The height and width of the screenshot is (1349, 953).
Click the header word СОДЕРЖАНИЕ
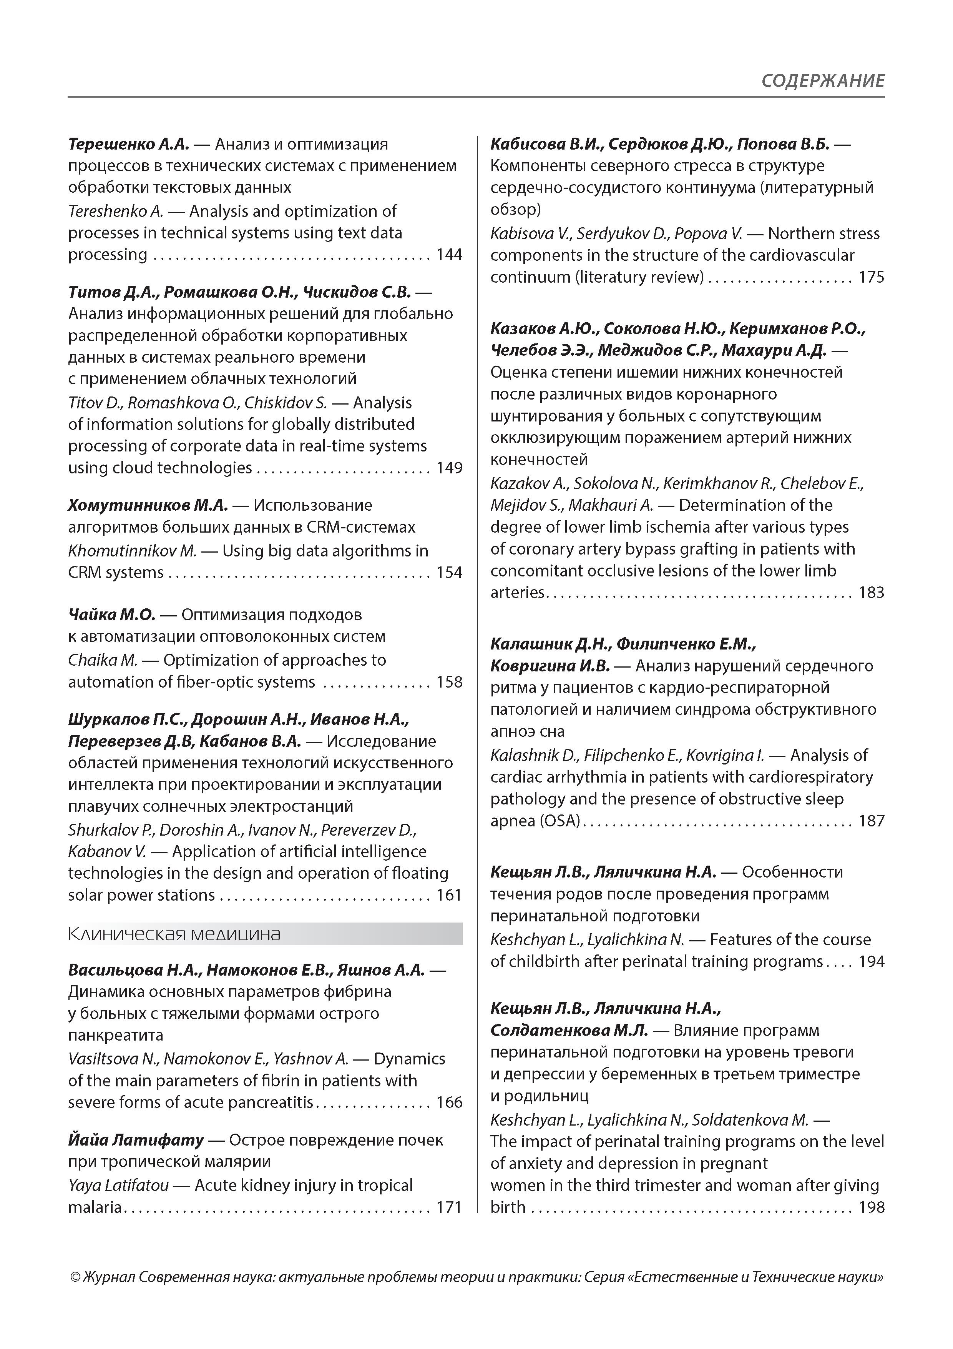point(823,80)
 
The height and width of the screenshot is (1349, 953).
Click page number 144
point(449,255)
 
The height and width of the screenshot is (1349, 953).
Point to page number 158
point(449,682)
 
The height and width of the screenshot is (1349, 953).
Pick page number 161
point(449,895)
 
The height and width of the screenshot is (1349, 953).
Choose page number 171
point(449,1207)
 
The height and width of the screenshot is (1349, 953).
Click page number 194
point(872,962)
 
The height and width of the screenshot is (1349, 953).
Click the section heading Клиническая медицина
point(174,934)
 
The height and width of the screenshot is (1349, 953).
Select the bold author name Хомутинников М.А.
point(148,505)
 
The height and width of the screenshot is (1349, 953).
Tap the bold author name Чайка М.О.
point(111,615)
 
